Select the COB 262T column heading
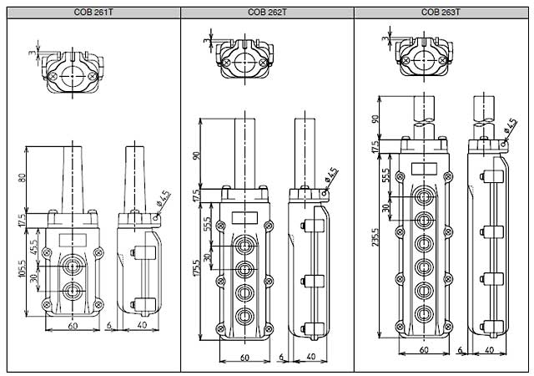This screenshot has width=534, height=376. (267, 13)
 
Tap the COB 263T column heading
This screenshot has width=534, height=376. (441, 13)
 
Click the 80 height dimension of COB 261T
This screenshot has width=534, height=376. (21, 178)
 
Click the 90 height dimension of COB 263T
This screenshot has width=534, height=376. (376, 119)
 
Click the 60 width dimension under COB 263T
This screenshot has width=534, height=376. (424, 351)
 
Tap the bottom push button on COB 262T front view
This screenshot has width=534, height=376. (245, 317)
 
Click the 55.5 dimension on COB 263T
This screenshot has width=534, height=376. (386, 176)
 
